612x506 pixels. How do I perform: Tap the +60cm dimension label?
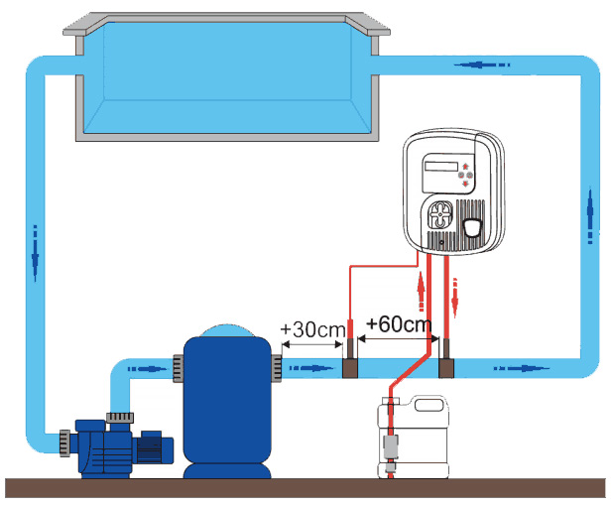398,324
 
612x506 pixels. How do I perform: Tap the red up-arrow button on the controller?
466,166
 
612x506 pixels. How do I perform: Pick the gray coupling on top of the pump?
119,414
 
